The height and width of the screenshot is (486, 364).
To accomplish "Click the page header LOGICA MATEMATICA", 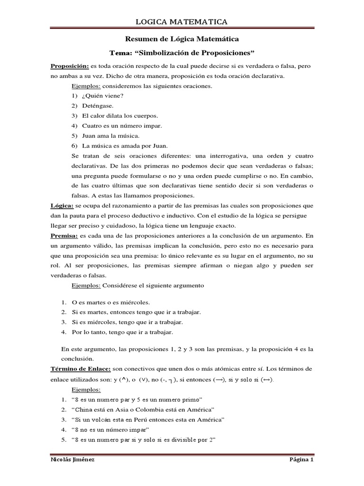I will click(182, 22).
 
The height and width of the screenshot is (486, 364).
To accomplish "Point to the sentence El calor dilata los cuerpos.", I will click(120, 115).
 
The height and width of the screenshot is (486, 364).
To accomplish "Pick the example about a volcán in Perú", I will click(147, 420).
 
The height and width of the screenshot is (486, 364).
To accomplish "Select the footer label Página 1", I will click(301, 460).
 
